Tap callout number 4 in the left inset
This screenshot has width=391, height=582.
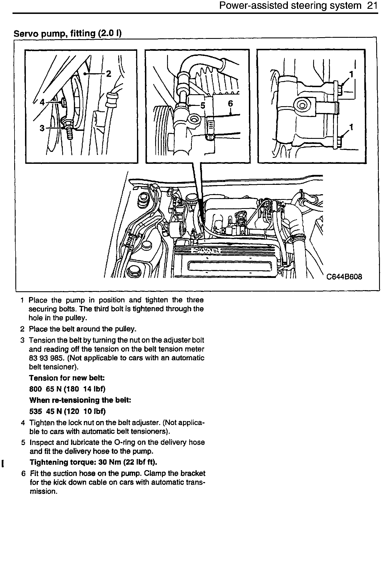tap(42, 102)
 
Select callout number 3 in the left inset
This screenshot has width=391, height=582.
tap(42, 128)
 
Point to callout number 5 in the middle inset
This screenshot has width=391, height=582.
tap(203, 106)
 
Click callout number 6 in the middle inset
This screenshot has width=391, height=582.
tap(230, 104)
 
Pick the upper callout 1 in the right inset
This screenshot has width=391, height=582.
tap(351, 74)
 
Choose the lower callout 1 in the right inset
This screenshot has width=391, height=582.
tap(351, 127)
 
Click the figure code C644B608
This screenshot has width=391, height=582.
tap(344, 277)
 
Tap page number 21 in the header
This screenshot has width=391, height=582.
tap(372, 6)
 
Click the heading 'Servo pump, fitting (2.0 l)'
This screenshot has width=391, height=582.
tap(68, 34)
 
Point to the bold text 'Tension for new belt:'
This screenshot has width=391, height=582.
tap(67, 378)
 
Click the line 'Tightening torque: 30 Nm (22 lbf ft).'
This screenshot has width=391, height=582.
tap(93, 462)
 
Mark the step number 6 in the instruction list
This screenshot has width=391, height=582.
tap(23, 474)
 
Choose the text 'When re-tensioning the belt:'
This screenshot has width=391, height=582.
tap(80, 400)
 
